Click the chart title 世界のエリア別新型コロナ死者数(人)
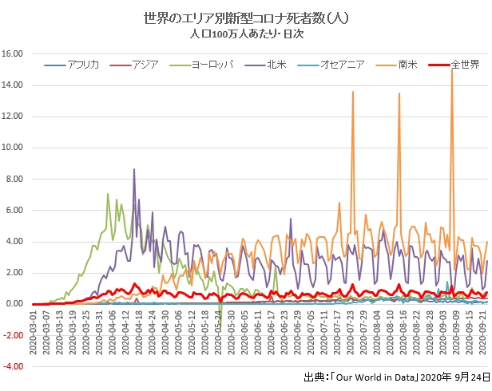click(247, 18)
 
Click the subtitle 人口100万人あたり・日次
click(247, 35)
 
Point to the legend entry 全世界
click(465, 63)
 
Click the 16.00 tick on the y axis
click(14, 54)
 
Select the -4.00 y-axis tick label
click(14, 367)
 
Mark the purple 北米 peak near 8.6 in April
click(134, 169)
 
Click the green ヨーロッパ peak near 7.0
click(108, 194)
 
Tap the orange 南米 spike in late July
click(353, 92)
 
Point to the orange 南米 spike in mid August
click(399, 93)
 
